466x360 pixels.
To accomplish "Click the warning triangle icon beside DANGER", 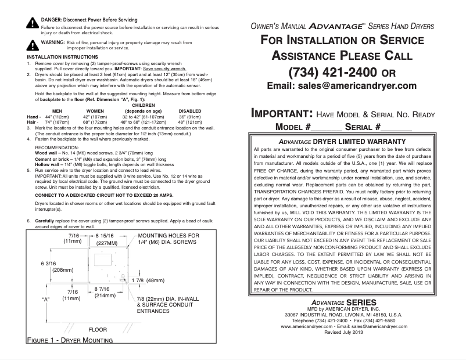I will [32, 24].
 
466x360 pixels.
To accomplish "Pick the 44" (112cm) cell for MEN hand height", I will [57, 117].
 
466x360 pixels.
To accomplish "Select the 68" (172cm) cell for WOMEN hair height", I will [95, 123].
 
